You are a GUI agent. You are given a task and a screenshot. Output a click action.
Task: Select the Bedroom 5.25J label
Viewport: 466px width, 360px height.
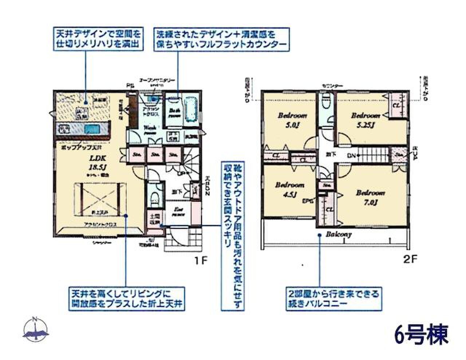[365, 120]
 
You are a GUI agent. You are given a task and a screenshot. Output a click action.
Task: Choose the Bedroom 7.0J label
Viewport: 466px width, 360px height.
[370, 197]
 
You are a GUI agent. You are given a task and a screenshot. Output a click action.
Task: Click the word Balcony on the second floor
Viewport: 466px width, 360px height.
[339, 234]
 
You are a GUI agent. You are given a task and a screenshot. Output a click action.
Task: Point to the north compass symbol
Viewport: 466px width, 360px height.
[35, 329]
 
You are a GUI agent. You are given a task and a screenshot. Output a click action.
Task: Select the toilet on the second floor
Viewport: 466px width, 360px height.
[327, 101]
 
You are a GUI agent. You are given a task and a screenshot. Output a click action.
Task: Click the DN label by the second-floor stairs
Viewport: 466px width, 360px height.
[351, 156]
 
